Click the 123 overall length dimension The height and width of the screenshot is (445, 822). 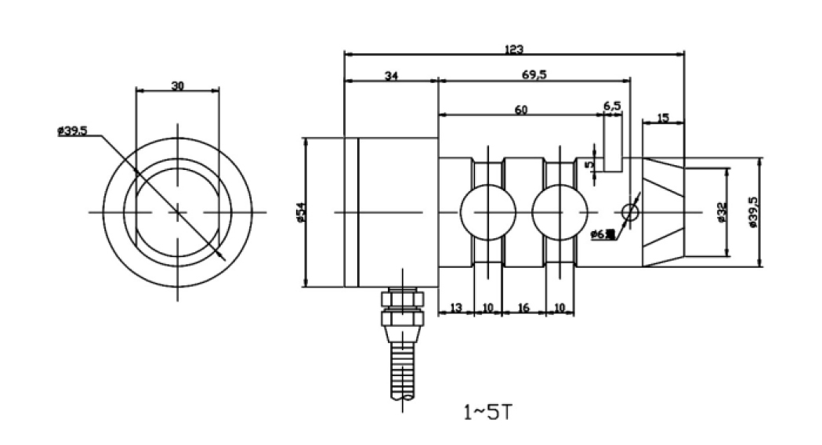[513, 49]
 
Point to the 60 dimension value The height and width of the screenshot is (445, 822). [520, 110]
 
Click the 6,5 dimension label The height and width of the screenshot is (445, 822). [612, 104]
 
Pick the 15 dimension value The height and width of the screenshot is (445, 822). [663, 118]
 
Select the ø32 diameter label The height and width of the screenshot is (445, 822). [721, 212]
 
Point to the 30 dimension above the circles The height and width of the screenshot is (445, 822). [177, 86]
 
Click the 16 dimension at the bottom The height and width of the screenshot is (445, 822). [524, 308]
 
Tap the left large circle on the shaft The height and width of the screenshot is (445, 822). [487, 212]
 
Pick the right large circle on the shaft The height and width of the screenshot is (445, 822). [559, 212]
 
